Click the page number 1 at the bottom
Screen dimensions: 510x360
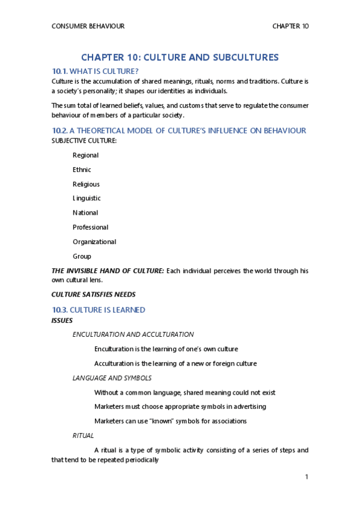pyautogui.click(x=307, y=477)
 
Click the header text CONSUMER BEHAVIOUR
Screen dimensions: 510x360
pyautogui.click(x=88, y=26)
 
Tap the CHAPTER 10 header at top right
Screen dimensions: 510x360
pyautogui.click(x=290, y=26)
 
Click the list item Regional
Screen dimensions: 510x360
pyautogui.click(x=85, y=155)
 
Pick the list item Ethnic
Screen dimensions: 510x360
pyautogui.click(x=82, y=170)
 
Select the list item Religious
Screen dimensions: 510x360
pyautogui.click(x=86, y=184)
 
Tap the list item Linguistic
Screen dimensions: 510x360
pyautogui.click(x=87, y=198)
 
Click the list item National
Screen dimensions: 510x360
pyautogui.click(x=85, y=212)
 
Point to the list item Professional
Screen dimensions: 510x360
pyautogui.click(x=90, y=227)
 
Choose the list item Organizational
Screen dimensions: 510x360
pyautogui.click(x=94, y=242)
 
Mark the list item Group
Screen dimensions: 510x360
pyautogui.click(x=82, y=256)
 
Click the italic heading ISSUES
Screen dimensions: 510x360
pyautogui.click(x=62, y=320)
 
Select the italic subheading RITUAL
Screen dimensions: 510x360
pyautogui.click(x=83, y=435)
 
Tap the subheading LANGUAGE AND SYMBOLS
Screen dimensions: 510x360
pyautogui.click(x=112, y=378)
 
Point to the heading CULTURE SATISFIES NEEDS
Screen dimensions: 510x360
pyautogui.click(x=93, y=295)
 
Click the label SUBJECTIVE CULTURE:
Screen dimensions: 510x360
pyautogui.click(x=84, y=140)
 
